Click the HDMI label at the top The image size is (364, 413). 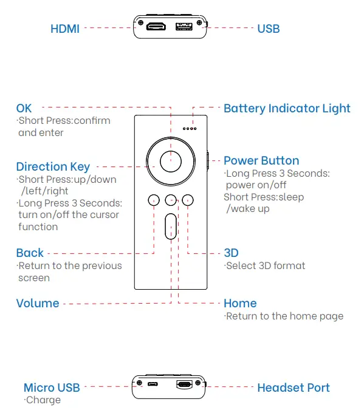point(65,29)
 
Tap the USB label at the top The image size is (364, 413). point(268,29)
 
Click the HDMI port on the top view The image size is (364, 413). point(157,27)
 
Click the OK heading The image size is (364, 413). point(24,108)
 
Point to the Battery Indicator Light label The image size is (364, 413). point(287,108)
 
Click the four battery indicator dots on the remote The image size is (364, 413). point(190,128)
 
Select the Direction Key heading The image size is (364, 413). point(53,166)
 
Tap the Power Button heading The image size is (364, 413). point(261,160)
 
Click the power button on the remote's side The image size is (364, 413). point(207,160)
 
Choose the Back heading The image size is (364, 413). point(30,253)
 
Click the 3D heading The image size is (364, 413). point(231,253)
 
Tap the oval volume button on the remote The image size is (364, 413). point(171,226)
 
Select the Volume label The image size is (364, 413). point(38,303)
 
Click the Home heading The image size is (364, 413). point(240,303)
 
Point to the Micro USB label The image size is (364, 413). point(52,387)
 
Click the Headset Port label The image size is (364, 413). point(294,387)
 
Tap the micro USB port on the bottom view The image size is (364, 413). point(153,384)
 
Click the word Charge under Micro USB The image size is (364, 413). point(44,400)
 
